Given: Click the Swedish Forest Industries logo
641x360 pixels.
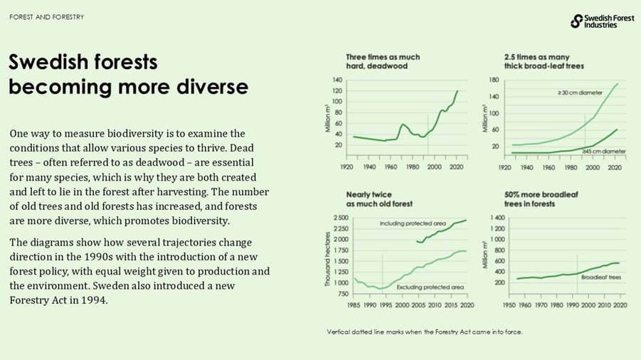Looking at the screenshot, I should coord(602,21).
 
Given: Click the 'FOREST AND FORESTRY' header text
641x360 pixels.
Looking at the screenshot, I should coord(47,16).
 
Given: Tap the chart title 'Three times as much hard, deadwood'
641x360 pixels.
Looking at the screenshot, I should coord(383,62).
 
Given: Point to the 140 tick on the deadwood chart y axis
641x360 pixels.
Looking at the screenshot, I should coord(338,80).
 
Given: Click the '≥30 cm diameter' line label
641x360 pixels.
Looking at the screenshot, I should coord(579,92).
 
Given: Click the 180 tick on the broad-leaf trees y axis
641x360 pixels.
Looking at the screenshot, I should coord(494,80).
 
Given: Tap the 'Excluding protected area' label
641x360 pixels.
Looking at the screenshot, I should coord(430,287).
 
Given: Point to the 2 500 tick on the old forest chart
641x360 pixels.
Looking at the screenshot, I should coord(340,218).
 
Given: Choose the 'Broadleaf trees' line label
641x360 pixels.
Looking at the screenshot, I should coord(600,277).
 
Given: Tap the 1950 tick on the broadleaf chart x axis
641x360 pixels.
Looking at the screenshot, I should coord(509,305).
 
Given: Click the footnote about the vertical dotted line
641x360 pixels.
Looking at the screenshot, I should coord(425,332).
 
